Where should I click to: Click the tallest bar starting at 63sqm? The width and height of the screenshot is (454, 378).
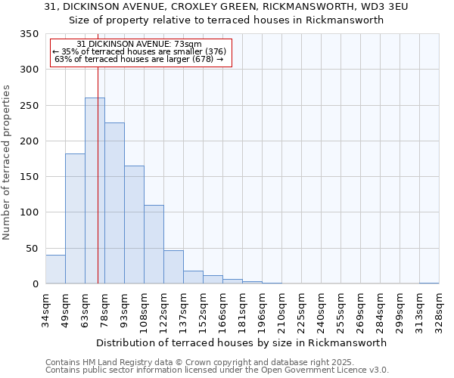(x=95, y=191)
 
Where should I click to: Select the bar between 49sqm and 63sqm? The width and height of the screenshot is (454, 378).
(x=75, y=218)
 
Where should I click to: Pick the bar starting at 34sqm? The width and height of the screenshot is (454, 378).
(x=55, y=269)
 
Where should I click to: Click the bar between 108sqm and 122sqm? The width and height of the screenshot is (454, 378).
(x=154, y=244)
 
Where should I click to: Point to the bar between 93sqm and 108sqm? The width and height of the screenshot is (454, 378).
(x=134, y=225)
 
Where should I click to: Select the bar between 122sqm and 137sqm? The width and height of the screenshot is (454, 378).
(x=173, y=267)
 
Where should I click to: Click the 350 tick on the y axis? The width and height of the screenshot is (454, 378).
(x=29, y=34)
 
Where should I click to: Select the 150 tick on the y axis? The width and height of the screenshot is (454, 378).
(x=29, y=177)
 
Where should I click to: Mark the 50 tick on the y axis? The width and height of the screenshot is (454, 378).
(x=32, y=248)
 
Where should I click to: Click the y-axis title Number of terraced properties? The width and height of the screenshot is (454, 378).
(x=7, y=162)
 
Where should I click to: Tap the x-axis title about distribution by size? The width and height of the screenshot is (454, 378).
(x=242, y=342)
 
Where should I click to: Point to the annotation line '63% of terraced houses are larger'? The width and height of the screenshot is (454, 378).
(x=139, y=59)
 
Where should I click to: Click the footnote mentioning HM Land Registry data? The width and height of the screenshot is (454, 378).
(x=200, y=362)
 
